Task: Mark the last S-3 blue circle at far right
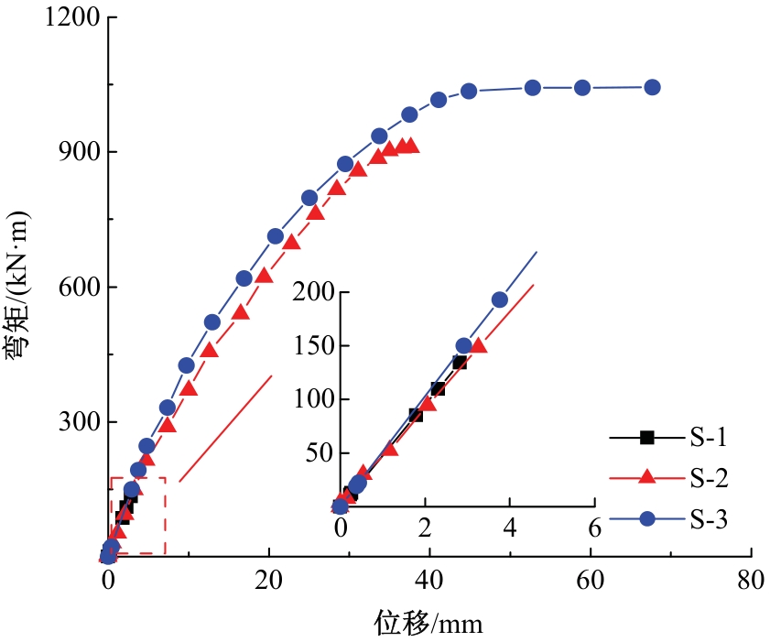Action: click(652, 87)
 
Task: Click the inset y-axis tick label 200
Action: click(311, 293)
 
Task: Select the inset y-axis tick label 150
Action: click(311, 346)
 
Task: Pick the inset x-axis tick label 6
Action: click(594, 528)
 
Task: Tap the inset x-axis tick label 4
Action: click(510, 528)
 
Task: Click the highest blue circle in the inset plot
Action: click(499, 299)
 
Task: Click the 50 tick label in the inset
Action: click(316, 453)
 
